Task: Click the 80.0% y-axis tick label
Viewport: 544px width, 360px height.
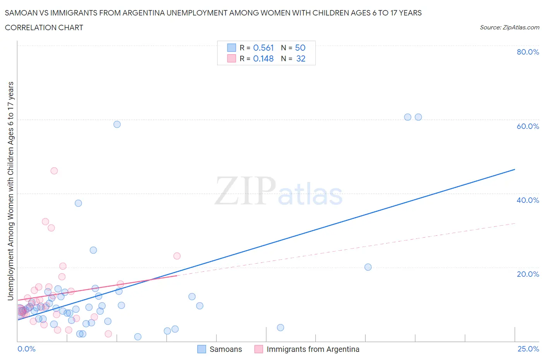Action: (528, 52)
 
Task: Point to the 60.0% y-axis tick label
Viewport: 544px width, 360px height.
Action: (528, 126)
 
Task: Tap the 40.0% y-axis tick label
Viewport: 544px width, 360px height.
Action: (528, 200)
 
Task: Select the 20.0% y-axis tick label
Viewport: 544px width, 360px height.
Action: (528, 274)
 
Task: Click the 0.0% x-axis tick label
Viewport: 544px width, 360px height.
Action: (26, 349)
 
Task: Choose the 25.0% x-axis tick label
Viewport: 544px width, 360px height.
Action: (528, 349)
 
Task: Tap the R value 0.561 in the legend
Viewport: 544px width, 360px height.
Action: (263, 48)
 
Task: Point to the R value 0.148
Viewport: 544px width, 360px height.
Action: (263, 58)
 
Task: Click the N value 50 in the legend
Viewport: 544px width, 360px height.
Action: (300, 48)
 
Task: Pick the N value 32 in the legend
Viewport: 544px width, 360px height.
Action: (301, 58)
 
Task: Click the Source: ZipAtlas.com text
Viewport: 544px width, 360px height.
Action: (509, 27)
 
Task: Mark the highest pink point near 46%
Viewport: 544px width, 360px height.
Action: (54, 171)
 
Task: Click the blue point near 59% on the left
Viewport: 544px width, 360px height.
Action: (117, 124)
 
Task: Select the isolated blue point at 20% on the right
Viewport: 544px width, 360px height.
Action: (368, 267)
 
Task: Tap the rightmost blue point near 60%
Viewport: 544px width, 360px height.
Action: (418, 117)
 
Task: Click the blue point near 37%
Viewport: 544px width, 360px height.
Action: (78, 203)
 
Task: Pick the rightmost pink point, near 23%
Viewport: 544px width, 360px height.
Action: (177, 256)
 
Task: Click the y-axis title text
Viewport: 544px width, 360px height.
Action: (10, 191)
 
